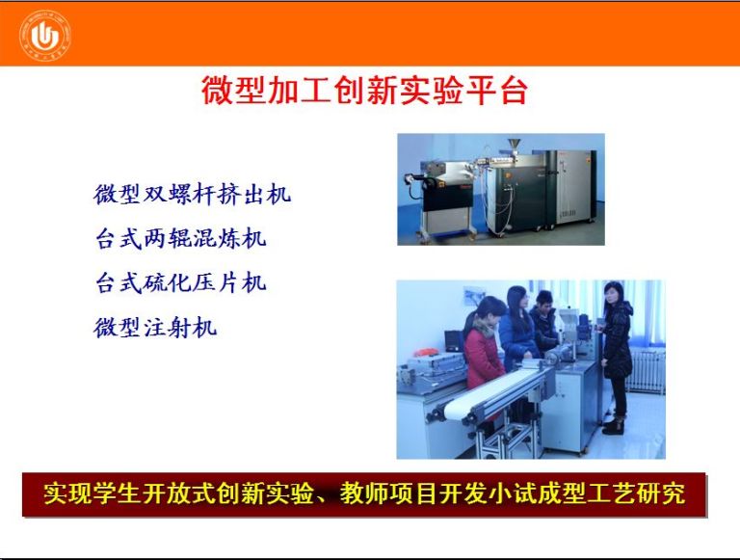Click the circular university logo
coord(45,35)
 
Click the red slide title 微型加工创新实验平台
coord(364,91)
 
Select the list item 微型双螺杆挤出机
coord(192,194)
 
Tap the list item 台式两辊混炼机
coord(180,238)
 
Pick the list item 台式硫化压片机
coord(180,282)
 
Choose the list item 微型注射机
coord(155,327)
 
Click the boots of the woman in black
coord(614,425)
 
